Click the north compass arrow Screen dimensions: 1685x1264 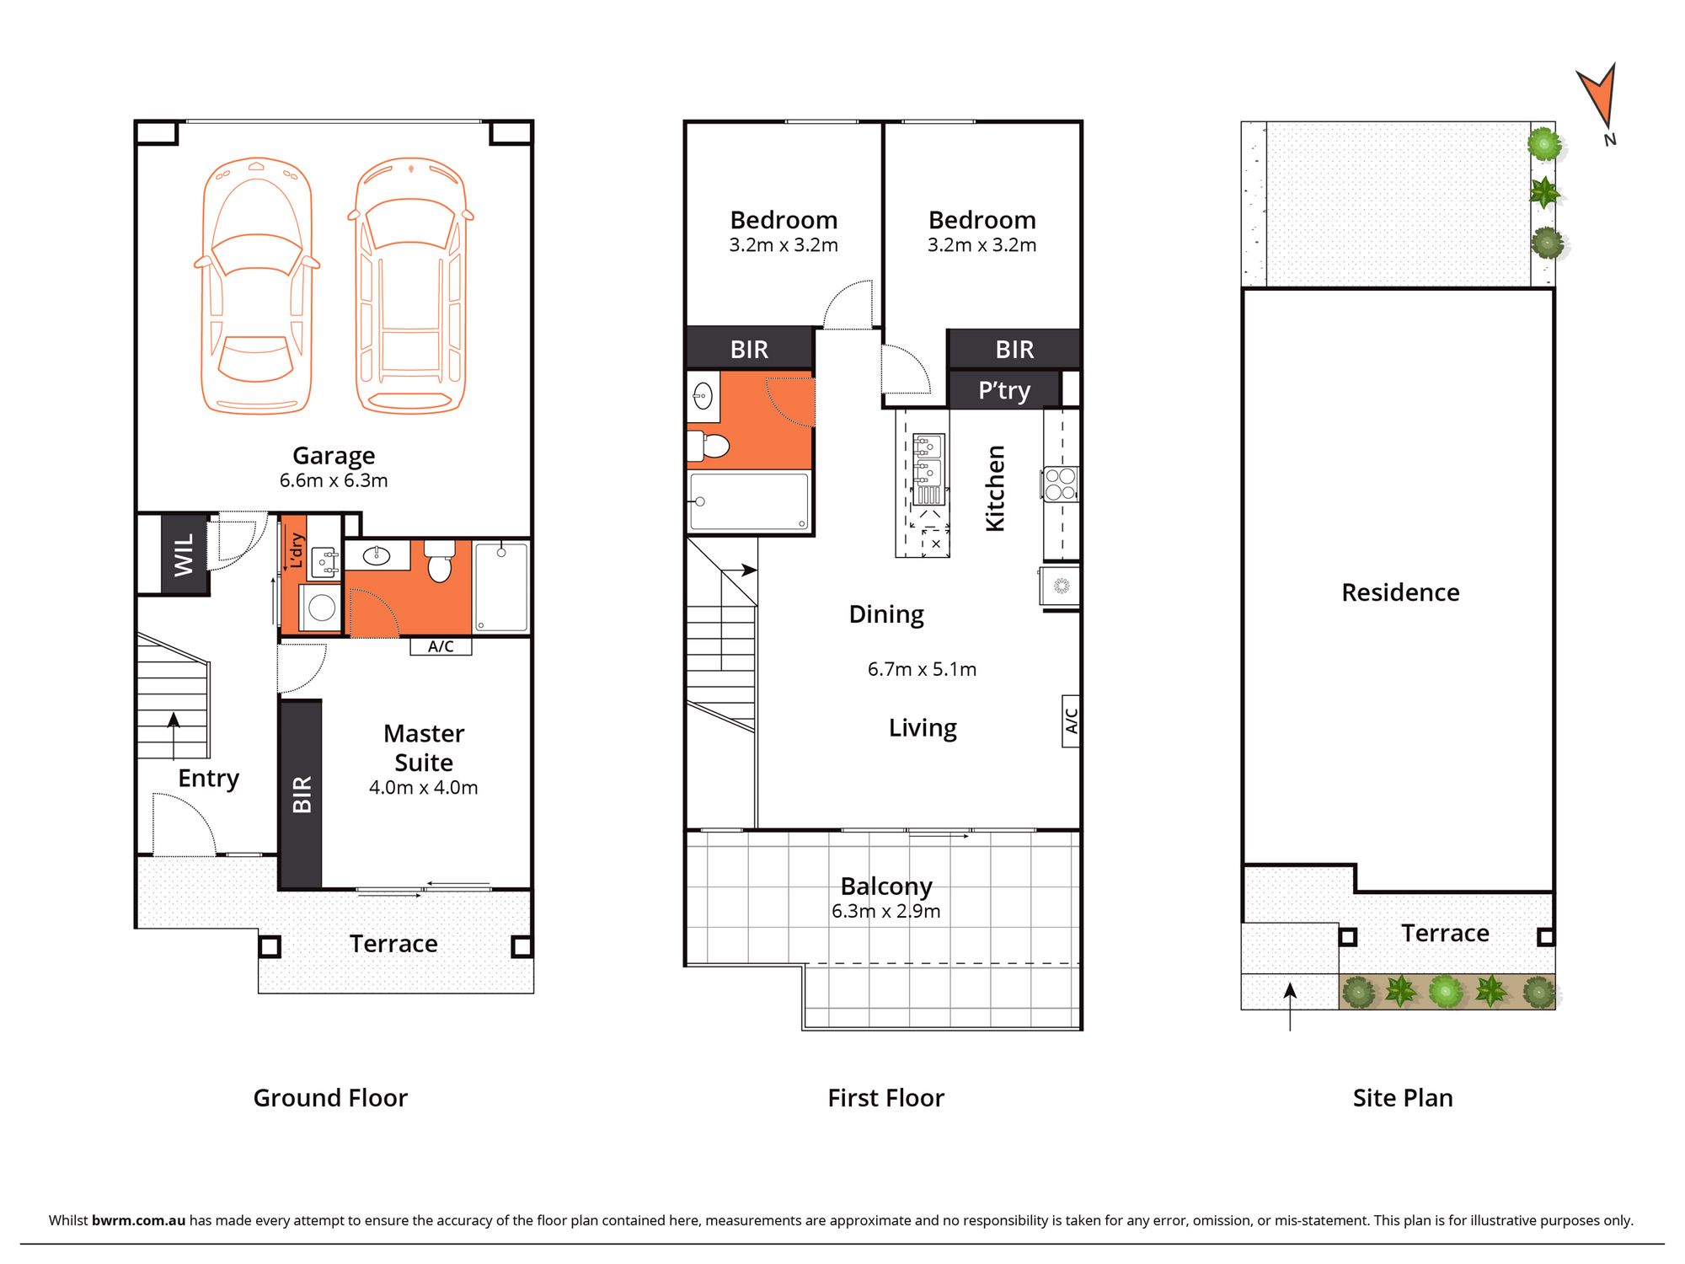tap(1598, 95)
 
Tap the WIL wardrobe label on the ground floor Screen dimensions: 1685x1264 tap(184, 554)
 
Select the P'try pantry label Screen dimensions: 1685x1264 tap(1004, 390)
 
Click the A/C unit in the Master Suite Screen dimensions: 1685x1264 tap(441, 646)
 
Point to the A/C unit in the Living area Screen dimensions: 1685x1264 tap(1071, 721)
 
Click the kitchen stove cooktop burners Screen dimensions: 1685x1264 tap(1062, 484)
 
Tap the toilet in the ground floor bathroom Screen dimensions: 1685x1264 tap(439, 561)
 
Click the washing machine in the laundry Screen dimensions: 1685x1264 tap(321, 607)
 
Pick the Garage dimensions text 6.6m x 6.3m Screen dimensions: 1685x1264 tap(334, 480)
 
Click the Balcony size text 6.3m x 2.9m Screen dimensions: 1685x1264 tap(885, 911)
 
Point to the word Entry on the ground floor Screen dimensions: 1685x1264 tap(209, 778)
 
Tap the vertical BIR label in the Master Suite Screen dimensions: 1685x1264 tap(302, 794)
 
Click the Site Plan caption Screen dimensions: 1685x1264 tap(1403, 1098)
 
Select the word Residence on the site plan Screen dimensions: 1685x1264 tap(1400, 592)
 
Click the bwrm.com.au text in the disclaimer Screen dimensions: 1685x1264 tap(138, 1220)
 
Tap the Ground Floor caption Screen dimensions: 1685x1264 tap(330, 1098)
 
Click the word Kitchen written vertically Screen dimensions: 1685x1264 tap(995, 489)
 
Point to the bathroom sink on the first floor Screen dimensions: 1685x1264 tap(703, 395)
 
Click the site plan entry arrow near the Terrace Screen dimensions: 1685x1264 tap(1290, 1007)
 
